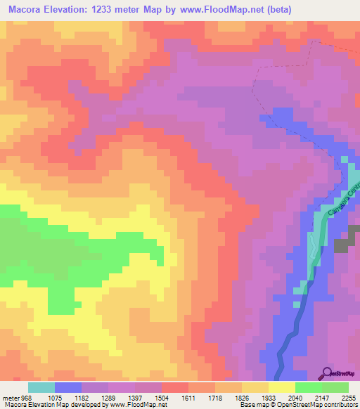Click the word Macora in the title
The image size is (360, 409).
[x=27, y=9]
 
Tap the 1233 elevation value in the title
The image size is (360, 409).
[x=116, y=9]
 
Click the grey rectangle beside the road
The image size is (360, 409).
[x=342, y=245]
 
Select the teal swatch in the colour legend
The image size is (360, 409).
[x=41, y=387]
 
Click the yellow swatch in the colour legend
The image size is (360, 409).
[x=281, y=387]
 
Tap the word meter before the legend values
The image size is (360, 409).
[x=9, y=397]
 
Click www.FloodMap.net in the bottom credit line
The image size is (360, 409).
[x=137, y=405]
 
